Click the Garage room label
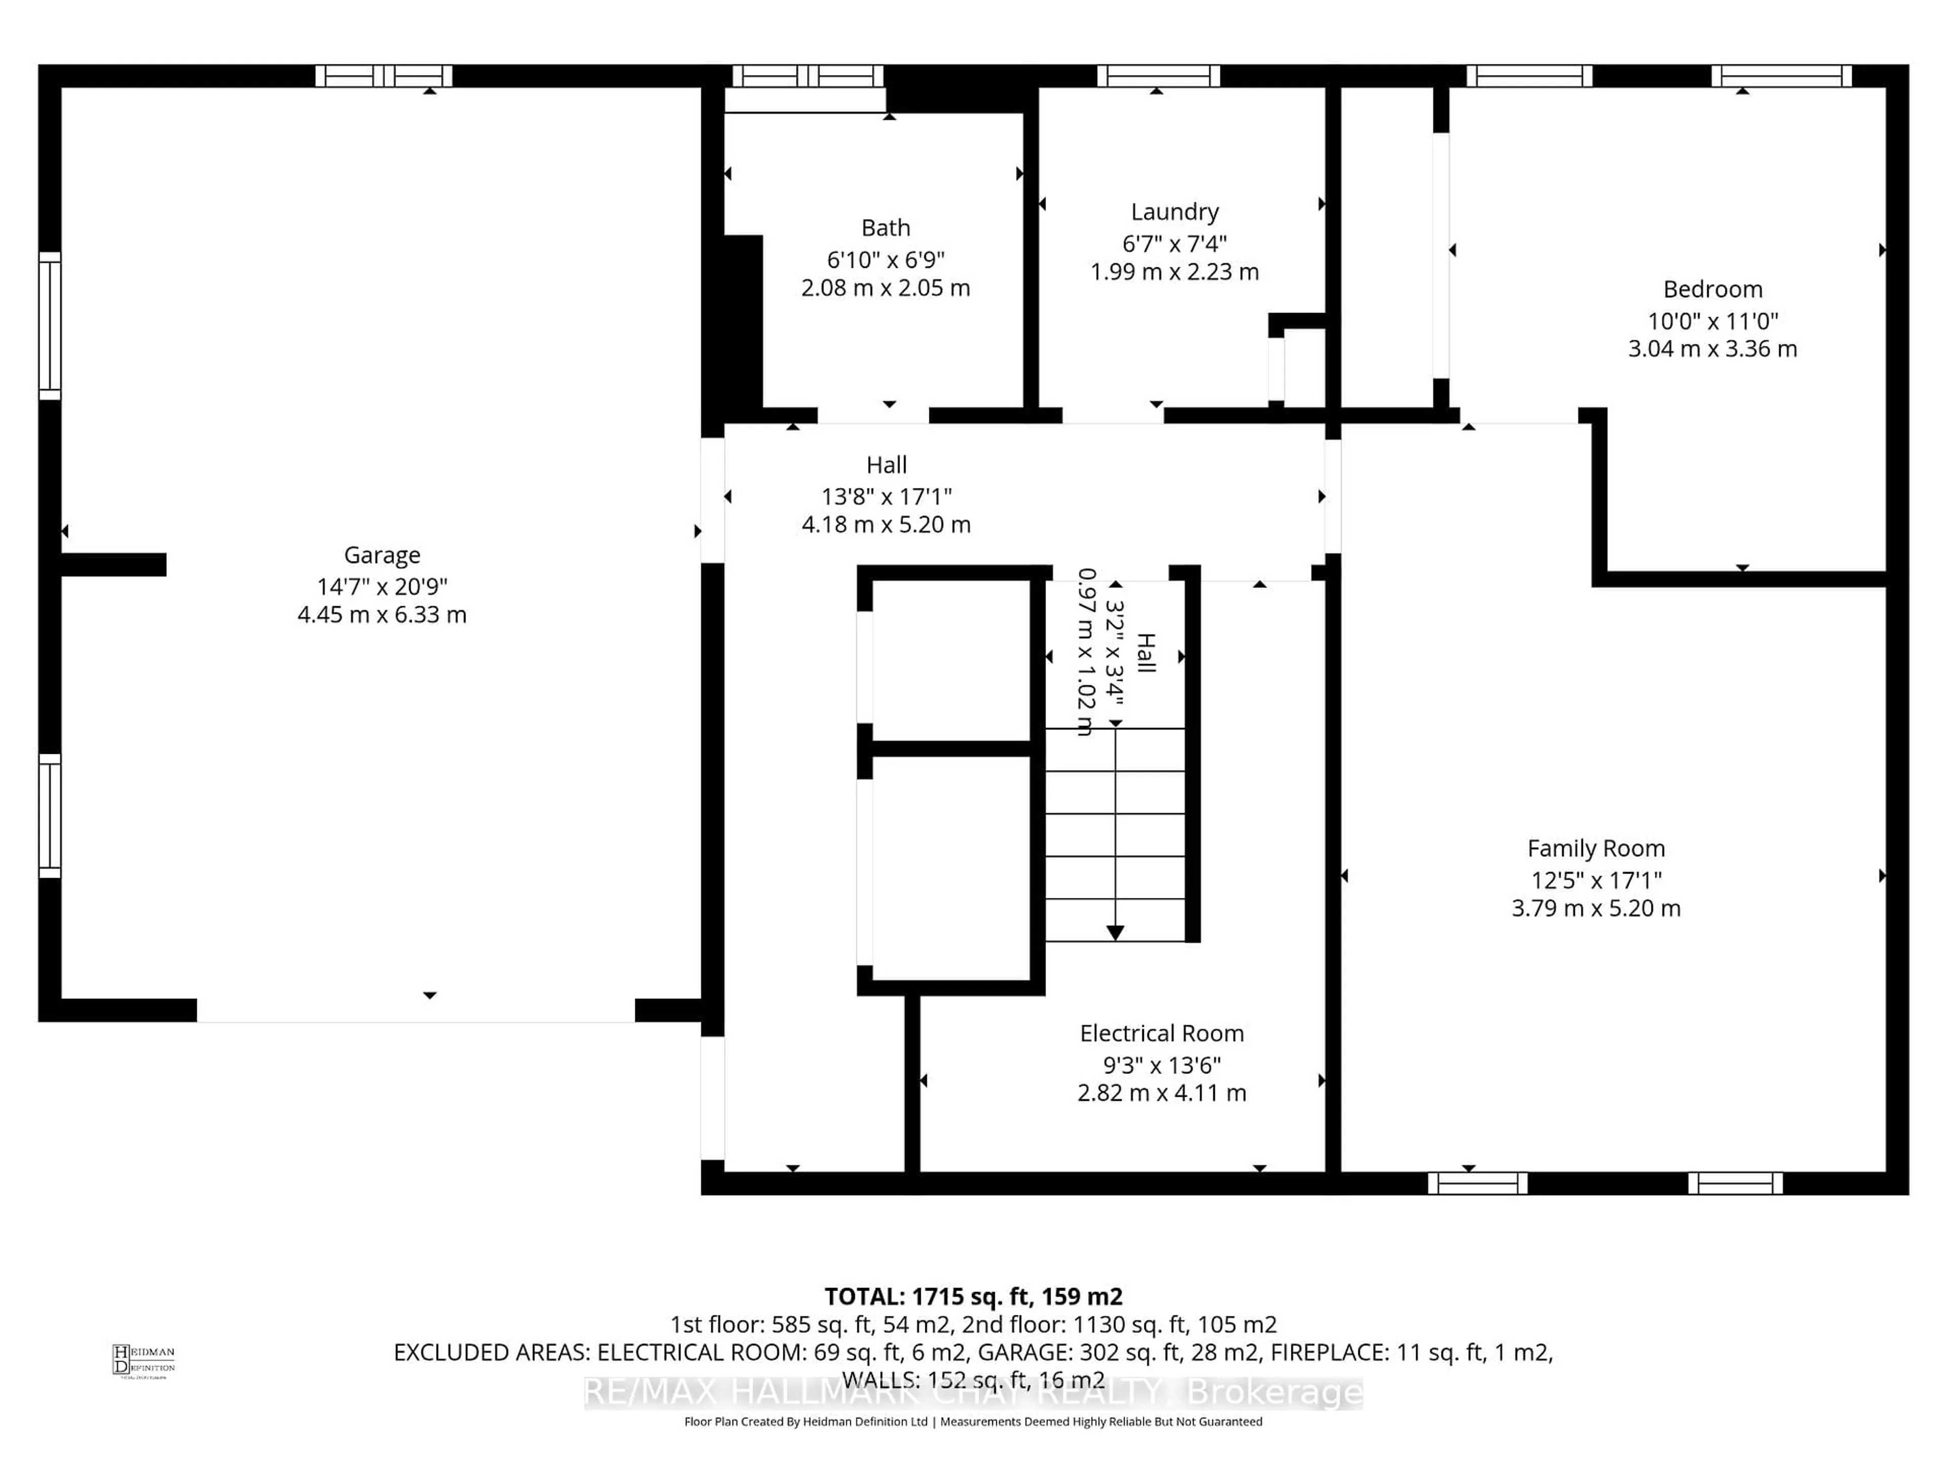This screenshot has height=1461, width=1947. point(381,555)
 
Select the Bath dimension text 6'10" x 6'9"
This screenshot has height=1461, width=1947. point(885,260)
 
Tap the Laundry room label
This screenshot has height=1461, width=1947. point(1174,212)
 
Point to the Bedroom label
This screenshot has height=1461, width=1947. point(1712,290)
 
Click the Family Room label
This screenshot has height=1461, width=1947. point(1595,848)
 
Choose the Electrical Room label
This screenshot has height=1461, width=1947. point(1161,1033)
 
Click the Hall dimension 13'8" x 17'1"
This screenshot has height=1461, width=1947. point(885,497)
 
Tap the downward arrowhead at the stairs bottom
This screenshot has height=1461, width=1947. point(1114,932)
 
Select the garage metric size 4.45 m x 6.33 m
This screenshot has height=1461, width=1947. point(381,615)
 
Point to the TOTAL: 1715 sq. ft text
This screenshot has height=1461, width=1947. point(972,1296)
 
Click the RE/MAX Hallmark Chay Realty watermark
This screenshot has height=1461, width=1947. point(972,1393)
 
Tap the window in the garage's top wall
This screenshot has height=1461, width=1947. point(384,76)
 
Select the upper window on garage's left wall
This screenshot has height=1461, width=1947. point(50,326)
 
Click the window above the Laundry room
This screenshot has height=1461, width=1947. point(1158,76)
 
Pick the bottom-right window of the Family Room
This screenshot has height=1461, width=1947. point(1734,1182)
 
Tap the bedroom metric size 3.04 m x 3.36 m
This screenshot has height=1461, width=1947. point(1712,349)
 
